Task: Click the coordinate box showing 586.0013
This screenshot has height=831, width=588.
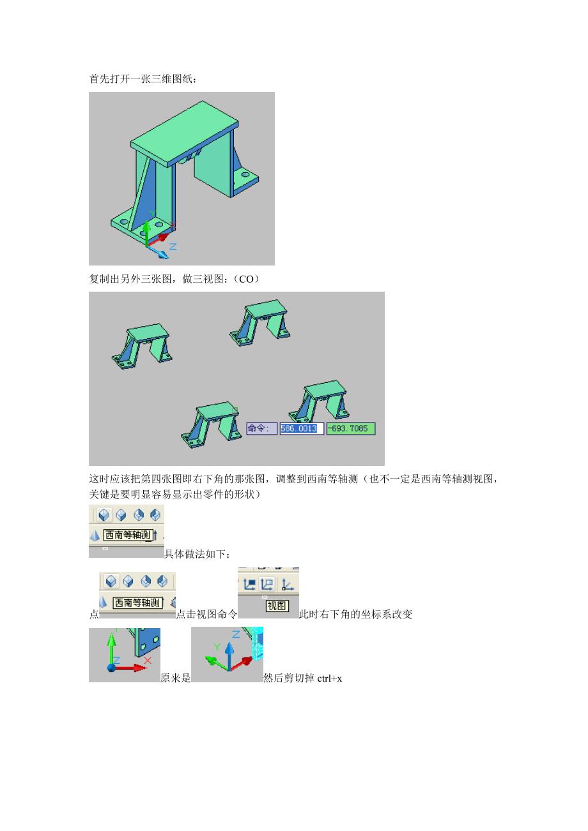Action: (301, 428)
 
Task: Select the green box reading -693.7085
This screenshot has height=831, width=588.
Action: (351, 428)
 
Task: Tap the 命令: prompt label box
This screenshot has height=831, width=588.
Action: (261, 428)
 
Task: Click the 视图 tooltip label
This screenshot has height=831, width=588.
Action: (277, 606)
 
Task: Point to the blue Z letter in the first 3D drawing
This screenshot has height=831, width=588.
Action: (173, 246)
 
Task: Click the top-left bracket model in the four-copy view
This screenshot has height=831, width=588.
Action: (142, 346)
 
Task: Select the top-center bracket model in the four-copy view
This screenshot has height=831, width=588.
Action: (259, 323)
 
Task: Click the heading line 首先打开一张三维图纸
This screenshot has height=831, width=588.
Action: (143, 79)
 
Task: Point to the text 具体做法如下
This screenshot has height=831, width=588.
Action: (197, 554)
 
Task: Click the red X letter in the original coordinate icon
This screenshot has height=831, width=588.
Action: (148, 661)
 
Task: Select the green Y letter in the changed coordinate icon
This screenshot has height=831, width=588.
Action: (217, 647)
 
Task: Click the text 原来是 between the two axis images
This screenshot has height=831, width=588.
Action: (175, 678)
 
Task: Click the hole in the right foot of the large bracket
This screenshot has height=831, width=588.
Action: (245, 174)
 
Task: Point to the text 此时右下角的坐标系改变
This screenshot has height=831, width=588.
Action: (355, 615)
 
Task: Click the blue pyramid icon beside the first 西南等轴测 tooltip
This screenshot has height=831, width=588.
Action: (95, 535)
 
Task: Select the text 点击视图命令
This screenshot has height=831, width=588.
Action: (206, 615)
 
